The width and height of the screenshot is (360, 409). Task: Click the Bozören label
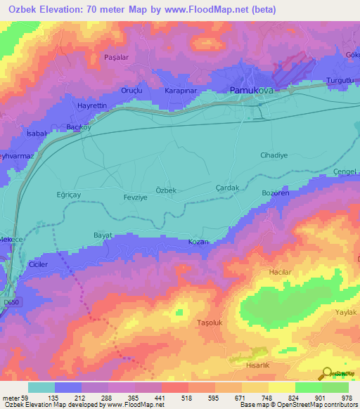point(276,192)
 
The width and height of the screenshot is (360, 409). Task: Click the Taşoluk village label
point(210,323)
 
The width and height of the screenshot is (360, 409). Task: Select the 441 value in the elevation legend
point(148,396)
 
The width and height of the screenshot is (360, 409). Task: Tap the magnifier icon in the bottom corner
point(326,373)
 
